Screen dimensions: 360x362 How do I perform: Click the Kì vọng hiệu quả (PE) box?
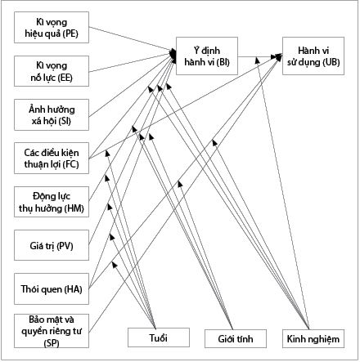coord(52,27)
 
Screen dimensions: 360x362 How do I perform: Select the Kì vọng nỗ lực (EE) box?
coord(52,71)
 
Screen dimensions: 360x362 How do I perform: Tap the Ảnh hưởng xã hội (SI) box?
coord(52,114)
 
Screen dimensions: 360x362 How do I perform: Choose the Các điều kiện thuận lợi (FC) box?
coord(52,158)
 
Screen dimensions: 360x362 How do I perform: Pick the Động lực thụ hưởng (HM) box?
coord(52,202)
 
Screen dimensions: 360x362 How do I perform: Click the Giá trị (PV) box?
coord(52,245)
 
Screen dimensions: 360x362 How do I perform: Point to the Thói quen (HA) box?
coord(52,288)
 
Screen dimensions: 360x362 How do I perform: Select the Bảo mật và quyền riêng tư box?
coord(52,331)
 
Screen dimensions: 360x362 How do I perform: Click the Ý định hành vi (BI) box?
coord(207,56)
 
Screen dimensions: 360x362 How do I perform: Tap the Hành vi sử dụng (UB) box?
coord(313,56)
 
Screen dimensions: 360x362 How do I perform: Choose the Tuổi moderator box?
coord(159,337)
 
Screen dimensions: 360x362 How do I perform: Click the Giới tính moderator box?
coord(236,338)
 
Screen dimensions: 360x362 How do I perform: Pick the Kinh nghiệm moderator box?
coord(313,338)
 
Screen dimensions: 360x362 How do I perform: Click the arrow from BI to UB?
coord(260,57)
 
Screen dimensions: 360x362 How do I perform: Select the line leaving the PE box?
coord(133,39)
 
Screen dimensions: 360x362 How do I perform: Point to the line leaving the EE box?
coord(133,62)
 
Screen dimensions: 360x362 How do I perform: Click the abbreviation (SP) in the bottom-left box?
coord(52,343)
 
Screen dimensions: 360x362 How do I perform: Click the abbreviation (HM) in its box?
coord(74,208)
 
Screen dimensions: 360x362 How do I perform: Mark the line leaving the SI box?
coord(133,86)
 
